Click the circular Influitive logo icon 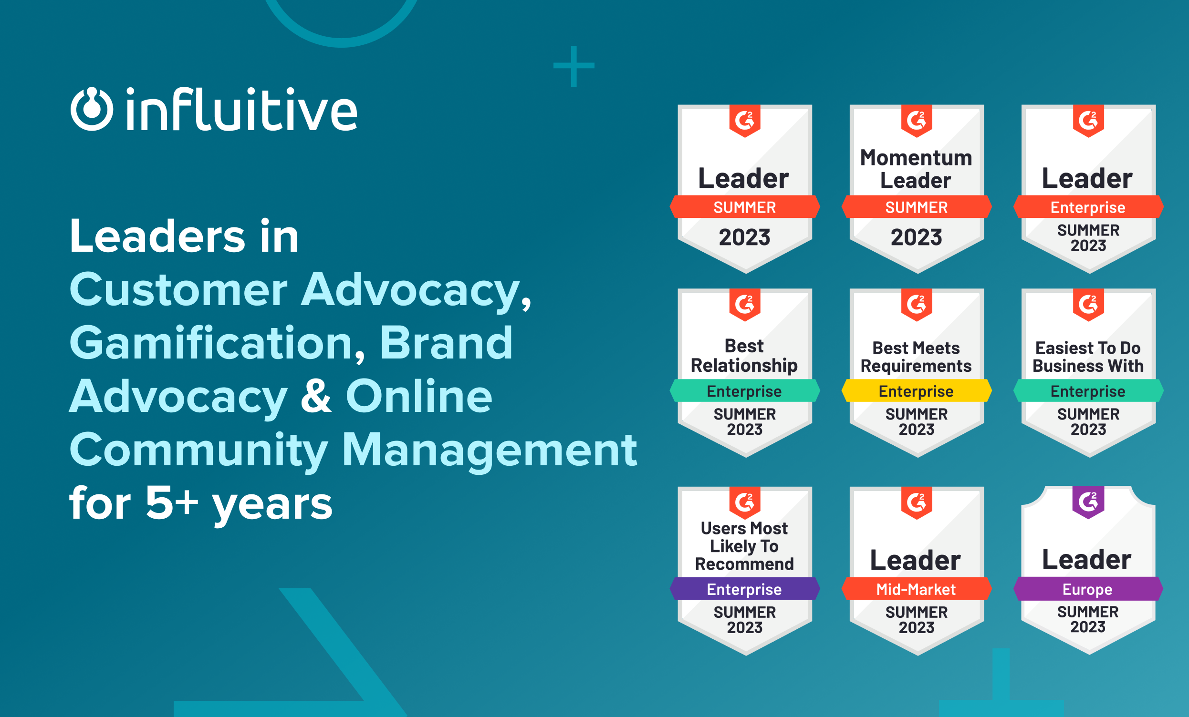(x=92, y=109)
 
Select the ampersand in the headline (x=316, y=396)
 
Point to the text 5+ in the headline (x=172, y=503)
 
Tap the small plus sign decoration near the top (x=574, y=66)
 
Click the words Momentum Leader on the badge (x=916, y=169)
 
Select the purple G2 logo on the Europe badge (x=1088, y=502)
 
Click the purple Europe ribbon (x=1088, y=589)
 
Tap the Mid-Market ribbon (x=916, y=589)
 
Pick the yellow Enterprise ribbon (x=916, y=391)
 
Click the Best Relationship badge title (x=744, y=356)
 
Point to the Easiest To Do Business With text (x=1088, y=357)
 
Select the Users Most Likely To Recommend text (x=744, y=546)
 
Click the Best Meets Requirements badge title (x=916, y=357)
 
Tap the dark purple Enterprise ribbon (x=744, y=589)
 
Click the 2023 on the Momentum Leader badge (x=916, y=237)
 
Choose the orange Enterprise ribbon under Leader (x=1088, y=207)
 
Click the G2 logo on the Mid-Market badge (x=916, y=502)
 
